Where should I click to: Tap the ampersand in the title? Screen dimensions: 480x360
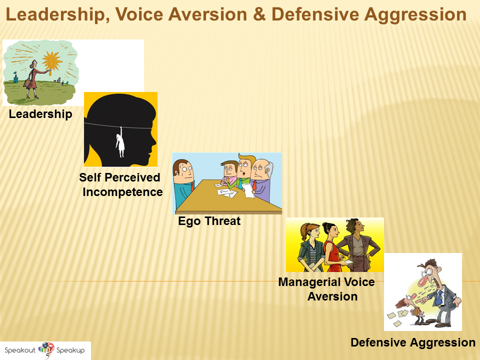(259, 14)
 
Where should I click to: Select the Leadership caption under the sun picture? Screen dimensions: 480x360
(40, 114)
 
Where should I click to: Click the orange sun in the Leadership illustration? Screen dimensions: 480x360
(51, 61)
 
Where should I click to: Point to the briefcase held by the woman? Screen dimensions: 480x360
(27, 83)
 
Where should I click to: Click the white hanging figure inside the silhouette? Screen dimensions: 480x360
(120, 142)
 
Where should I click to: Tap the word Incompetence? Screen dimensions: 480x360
(122, 192)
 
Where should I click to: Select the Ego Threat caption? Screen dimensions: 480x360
(209, 221)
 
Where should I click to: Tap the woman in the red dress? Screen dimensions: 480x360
(332, 247)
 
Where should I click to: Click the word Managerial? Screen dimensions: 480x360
(308, 282)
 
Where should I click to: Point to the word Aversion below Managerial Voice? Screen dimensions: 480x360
(332, 296)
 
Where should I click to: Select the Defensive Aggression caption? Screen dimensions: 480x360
(413, 342)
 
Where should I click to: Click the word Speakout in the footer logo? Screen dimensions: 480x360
(20, 350)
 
